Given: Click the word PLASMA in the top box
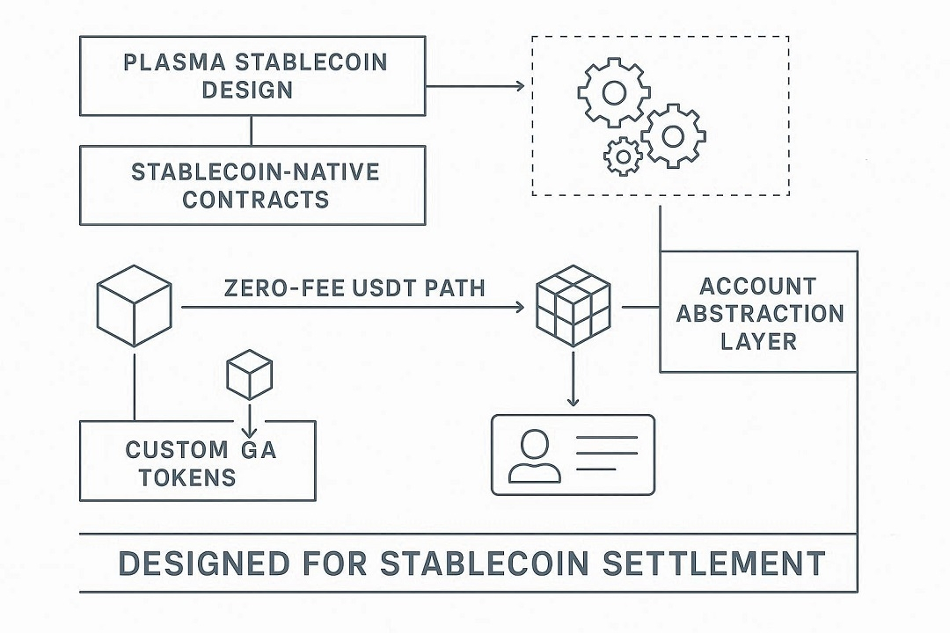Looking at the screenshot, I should click(x=171, y=63).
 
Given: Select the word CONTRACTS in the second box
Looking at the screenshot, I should click(x=255, y=199).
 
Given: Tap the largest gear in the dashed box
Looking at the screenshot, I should click(x=614, y=91).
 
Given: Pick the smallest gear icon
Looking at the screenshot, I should click(x=624, y=156).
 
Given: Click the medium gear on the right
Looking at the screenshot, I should click(x=673, y=135).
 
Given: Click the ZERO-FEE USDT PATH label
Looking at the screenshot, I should click(x=354, y=287).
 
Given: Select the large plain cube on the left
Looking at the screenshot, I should click(x=134, y=308).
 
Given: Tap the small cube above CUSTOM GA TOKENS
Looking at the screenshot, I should click(x=250, y=375).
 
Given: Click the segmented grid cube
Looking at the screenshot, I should click(x=574, y=307).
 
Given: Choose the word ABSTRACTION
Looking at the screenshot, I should click(x=759, y=314).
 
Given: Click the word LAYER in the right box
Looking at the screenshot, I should click(x=758, y=341).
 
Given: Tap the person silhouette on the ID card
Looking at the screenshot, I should click(x=534, y=456).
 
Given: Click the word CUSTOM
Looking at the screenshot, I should click(x=176, y=450).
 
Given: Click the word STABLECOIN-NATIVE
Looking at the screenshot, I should click(x=255, y=171).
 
